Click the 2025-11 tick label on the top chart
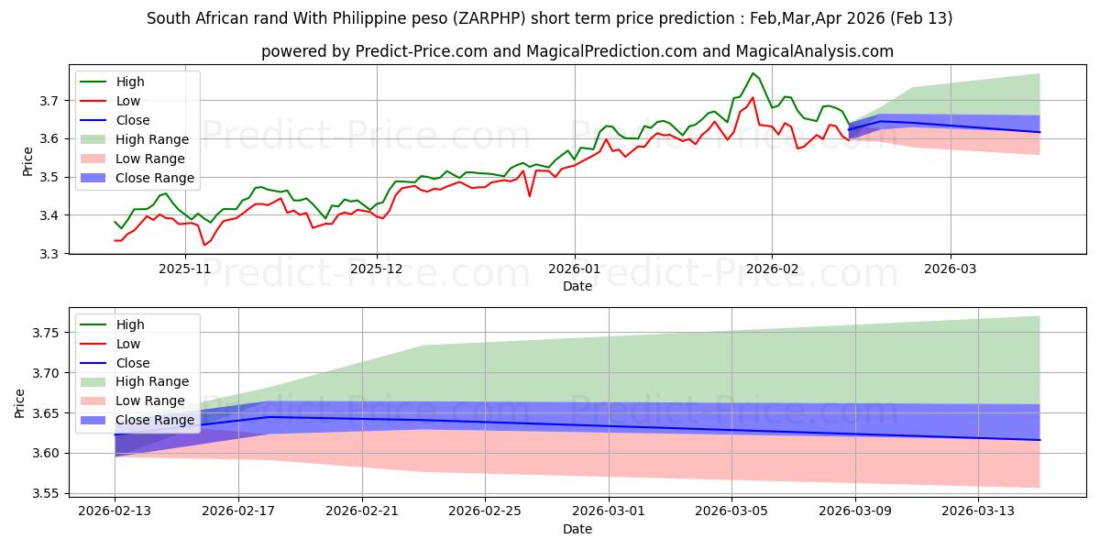click(186, 269)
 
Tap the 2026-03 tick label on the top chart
click(950, 269)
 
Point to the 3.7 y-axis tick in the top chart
click(51, 100)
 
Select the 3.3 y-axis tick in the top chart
click(51, 254)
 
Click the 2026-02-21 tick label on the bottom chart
click(362, 509)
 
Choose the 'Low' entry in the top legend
click(128, 101)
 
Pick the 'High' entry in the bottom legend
click(130, 324)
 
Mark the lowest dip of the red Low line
click(204, 245)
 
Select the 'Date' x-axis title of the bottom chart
click(577, 529)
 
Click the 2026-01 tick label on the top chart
click(575, 269)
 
